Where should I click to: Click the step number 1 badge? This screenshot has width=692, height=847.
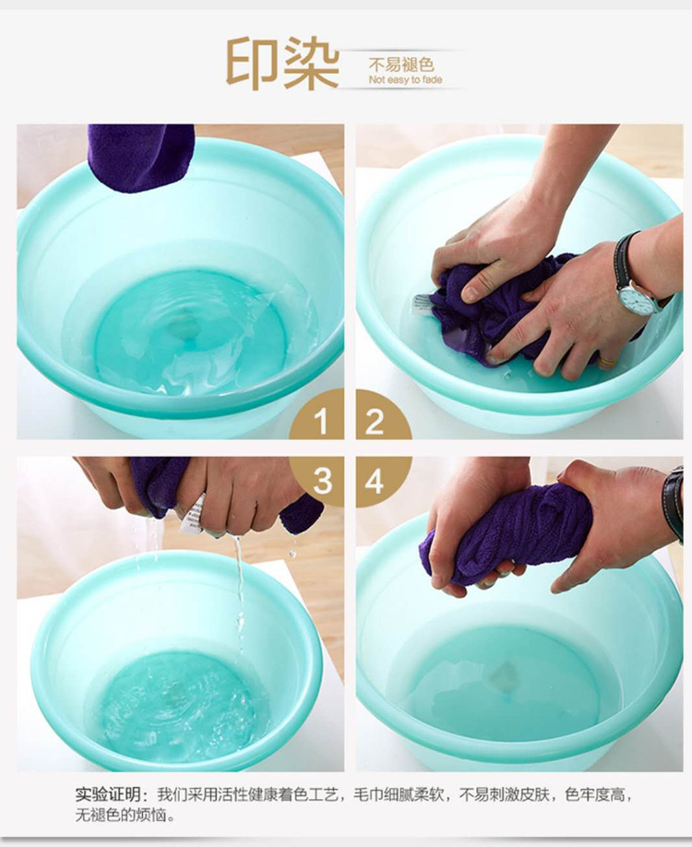[320, 420]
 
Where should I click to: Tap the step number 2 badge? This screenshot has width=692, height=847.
[378, 420]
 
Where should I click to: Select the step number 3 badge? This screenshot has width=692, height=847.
[321, 479]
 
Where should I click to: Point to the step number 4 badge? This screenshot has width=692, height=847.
[378, 479]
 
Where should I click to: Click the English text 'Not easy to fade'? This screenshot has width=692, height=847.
[405, 80]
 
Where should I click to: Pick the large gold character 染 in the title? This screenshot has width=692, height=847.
[311, 62]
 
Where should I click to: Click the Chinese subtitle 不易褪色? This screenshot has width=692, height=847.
[400, 65]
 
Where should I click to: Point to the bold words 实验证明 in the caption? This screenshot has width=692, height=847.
[107, 794]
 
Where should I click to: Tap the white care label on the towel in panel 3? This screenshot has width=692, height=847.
[193, 514]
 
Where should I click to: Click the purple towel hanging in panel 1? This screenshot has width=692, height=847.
[140, 157]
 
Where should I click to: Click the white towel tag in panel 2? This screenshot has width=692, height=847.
[422, 303]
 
